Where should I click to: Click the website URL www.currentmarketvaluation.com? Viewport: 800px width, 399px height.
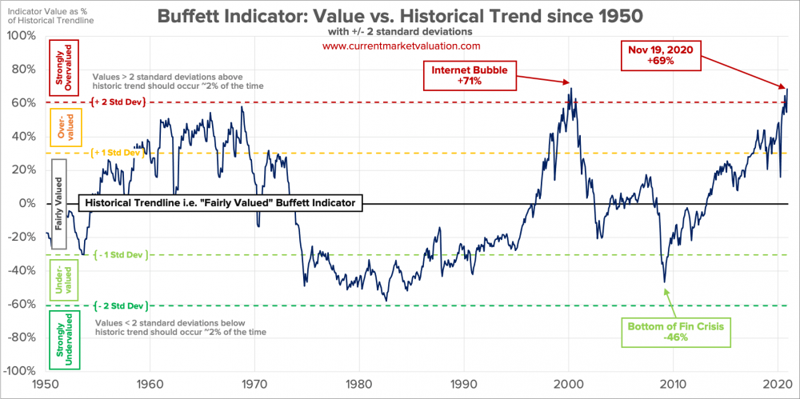tap(400, 46)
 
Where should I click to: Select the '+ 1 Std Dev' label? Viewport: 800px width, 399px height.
tap(119, 153)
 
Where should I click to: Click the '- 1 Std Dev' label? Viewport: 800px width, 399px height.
tap(119, 255)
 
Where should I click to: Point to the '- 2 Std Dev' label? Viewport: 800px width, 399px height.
tap(119, 305)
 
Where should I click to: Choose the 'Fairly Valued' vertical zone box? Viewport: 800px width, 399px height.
tap(57, 203)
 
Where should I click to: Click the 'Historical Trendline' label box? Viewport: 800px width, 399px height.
tap(221, 203)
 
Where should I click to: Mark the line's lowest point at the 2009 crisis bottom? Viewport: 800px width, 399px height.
tap(664, 281)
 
